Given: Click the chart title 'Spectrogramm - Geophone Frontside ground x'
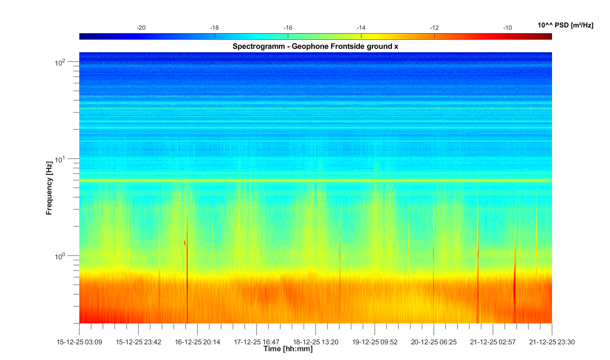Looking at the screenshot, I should [315, 47].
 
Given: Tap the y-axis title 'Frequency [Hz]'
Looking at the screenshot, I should [49, 188].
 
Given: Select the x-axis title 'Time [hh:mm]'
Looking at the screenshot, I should [288, 349].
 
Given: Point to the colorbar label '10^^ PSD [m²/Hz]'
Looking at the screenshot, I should [565, 26].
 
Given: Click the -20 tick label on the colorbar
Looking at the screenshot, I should [141, 28].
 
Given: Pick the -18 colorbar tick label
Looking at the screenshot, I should [214, 28].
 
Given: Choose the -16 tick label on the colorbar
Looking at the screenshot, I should [288, 28].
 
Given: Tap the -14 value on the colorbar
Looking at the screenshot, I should [361, 28].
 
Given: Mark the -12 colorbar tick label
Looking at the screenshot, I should [434, 28].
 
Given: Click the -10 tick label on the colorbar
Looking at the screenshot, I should [507, 28].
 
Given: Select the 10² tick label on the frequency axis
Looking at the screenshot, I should [60, 62].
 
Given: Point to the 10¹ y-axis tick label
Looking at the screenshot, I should [60, 159].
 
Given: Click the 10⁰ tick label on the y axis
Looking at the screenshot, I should [60, 256].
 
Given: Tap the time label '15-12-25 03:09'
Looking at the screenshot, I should [79, 342].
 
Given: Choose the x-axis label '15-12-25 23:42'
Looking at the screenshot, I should [138, 342].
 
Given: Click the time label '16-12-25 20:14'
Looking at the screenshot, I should [197, 342].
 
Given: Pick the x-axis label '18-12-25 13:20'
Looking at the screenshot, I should [316, 342].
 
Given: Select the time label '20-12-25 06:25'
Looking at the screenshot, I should [434, 342].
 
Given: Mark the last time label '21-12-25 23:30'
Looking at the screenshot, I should [552, 342].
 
